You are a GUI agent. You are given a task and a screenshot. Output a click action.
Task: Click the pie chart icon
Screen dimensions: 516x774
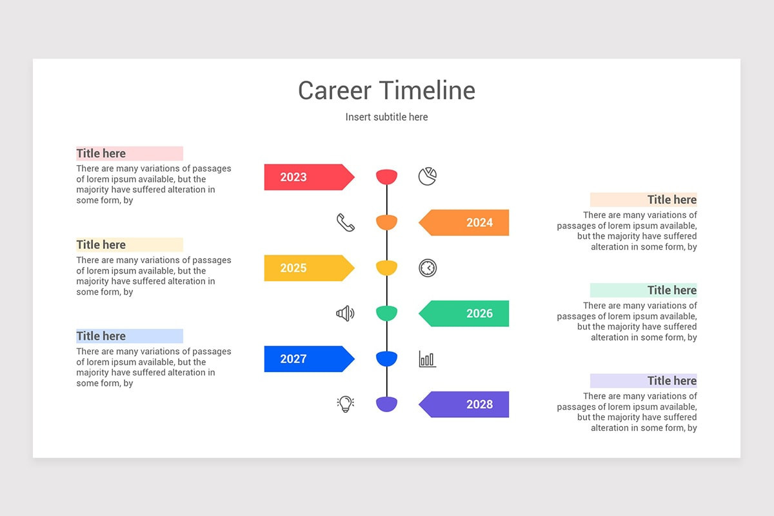click(427, 177)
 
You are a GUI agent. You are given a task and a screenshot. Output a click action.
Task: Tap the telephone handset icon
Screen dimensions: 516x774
click(346, 223)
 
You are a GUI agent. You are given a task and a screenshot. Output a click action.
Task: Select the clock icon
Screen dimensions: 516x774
click(428, 268)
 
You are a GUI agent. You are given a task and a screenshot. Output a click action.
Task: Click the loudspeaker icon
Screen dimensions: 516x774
click(345, 313)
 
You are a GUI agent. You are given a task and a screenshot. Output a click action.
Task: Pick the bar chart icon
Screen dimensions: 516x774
click(427, 359)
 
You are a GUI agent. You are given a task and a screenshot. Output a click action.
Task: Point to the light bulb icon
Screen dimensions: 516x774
click(346, 404)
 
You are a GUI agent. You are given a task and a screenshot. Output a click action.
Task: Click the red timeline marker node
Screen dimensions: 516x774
click(387, 176)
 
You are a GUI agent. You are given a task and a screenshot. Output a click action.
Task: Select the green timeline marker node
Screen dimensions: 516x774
click(387, 313)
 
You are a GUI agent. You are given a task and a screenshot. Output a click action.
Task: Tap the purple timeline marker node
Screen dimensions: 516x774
click(387, 404)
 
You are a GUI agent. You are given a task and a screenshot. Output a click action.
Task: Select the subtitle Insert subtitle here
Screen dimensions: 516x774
click(386, 117)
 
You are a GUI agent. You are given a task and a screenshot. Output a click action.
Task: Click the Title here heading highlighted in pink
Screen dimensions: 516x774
click(101, 154)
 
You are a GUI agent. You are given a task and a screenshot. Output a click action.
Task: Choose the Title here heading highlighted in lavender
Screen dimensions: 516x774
click(671, 381)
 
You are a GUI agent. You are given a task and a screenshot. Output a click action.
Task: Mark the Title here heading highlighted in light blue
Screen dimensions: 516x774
click(101, 336)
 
